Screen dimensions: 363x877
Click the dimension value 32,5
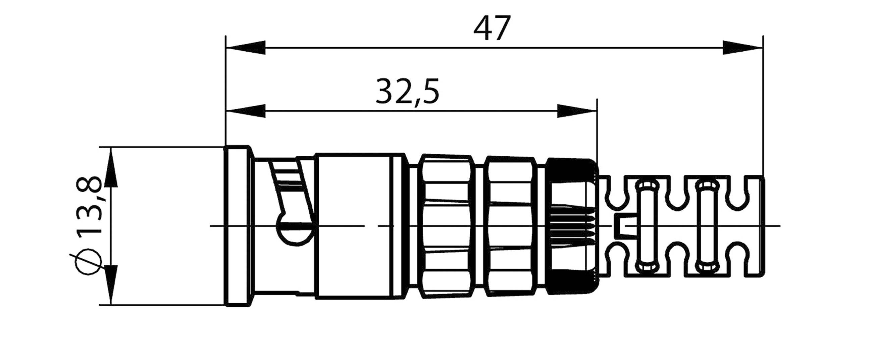pyautogui.click(x=407, y=91)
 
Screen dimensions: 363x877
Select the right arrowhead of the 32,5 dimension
pyautogui.click(x=577, y=111)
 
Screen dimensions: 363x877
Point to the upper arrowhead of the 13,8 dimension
pyautogui.click(x=111, y=168)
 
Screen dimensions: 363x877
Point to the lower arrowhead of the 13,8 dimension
pyautogui.click(x=111, y=284)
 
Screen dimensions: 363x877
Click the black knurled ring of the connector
pyautogui.click(x=572, y=226)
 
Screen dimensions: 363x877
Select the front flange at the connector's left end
pyautogui.click(x=238, y=226)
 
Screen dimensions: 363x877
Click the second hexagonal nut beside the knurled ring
pyautogui.click(x=511, y=226)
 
